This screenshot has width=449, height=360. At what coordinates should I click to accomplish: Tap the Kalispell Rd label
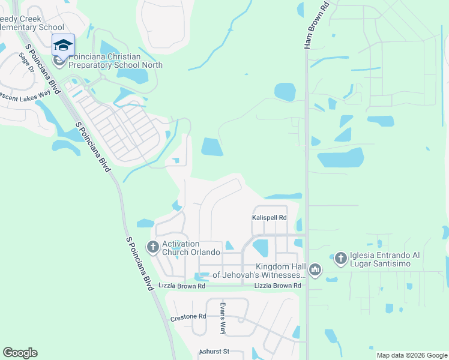click(x=269, y=218)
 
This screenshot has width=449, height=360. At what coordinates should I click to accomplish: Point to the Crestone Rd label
click(x=188, y=316)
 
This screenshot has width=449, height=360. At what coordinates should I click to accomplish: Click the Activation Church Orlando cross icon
click(x=152, y=247)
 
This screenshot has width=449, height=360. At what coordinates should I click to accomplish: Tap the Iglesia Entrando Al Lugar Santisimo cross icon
click(x=340, y=258)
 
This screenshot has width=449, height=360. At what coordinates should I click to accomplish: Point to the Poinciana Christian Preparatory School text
click(x=105, y=61)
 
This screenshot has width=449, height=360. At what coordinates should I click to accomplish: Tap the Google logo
click(x=20, y=352)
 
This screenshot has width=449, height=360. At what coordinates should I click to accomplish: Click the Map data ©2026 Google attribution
click(x=412, y=355)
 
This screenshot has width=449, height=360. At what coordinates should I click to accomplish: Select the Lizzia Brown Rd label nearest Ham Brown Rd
click(x=277, y=286)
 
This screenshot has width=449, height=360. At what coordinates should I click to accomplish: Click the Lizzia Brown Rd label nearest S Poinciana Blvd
click(x=182, y=286)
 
